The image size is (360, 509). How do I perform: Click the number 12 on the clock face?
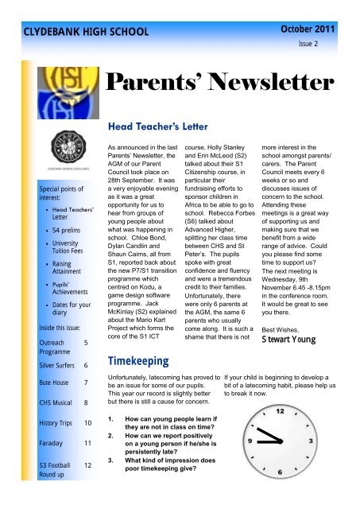tap(279, 412)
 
